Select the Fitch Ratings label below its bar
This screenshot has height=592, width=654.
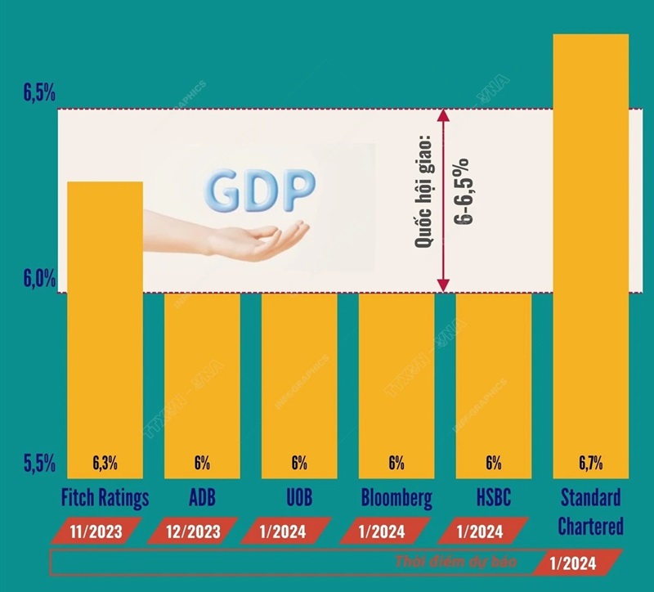pos(104,497)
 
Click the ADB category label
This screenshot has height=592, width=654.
pos(202,497)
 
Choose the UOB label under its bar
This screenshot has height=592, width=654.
pos(298,497)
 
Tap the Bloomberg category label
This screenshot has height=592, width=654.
pos(396,497)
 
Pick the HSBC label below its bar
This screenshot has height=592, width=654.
pos(493,497)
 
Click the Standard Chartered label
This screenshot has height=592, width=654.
pos(589,511)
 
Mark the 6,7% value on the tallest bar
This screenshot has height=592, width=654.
pos(590,464)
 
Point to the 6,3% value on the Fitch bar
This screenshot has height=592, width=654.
pos(104,464)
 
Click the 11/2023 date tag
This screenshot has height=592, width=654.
pos(97,532)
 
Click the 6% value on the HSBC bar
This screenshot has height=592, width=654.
pos(493,464)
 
